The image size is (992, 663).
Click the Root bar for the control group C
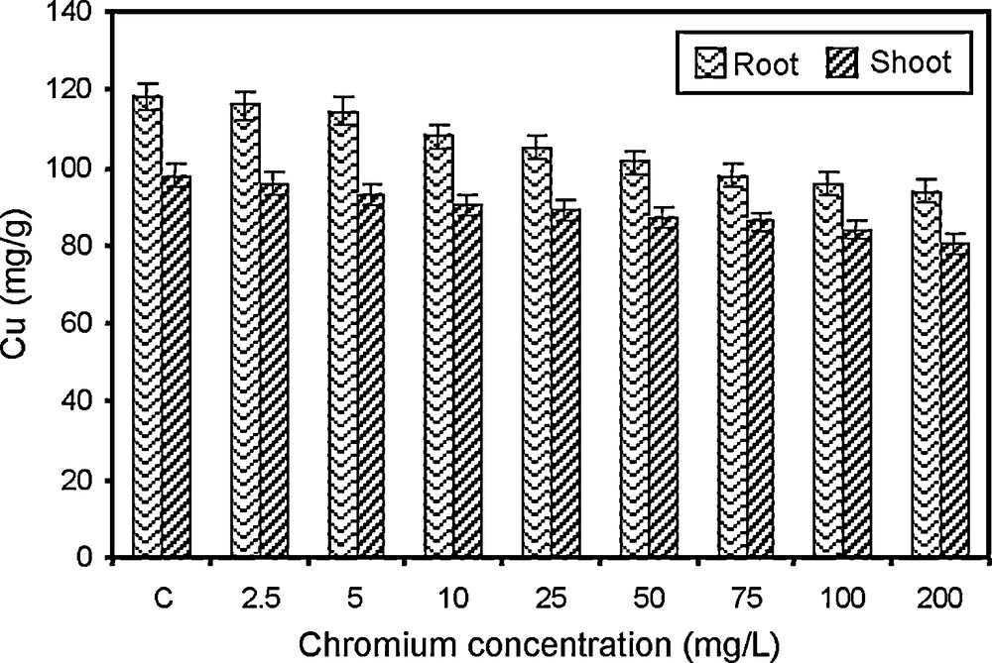pyautogui.click(x=148, y=327)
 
